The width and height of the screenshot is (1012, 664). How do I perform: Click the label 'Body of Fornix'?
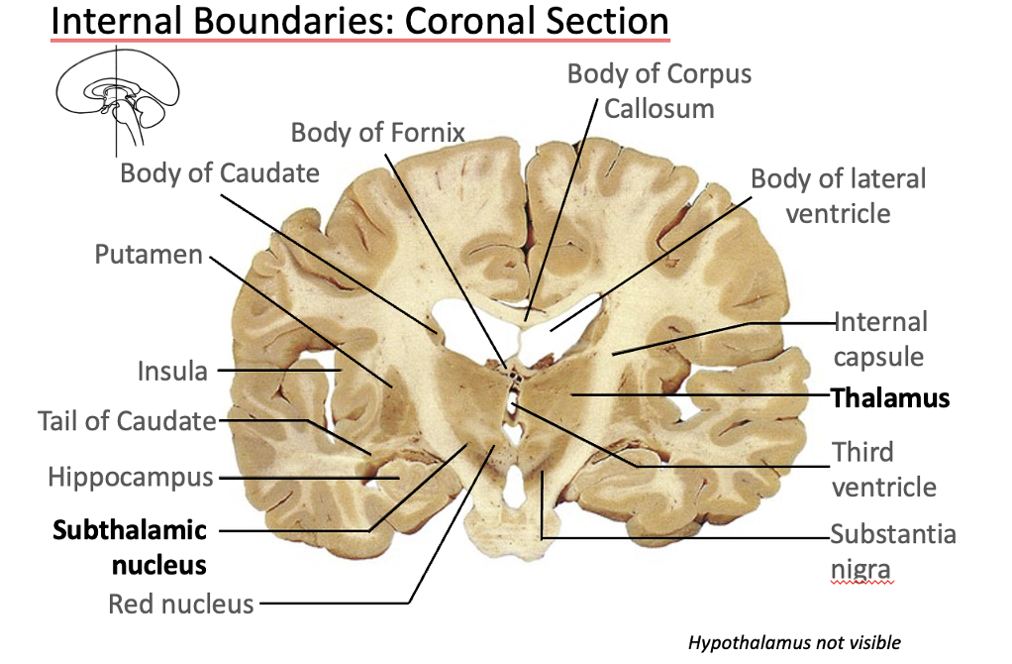pos(377,132)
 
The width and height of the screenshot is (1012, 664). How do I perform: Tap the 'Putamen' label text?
pos(148,255)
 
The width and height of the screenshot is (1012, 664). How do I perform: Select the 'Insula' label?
pos(172,371)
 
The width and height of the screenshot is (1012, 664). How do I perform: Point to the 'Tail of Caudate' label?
pos(127,420)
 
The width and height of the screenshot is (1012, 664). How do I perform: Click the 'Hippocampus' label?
pos(131,477)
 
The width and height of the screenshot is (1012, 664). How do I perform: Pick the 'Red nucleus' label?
pos(181,603)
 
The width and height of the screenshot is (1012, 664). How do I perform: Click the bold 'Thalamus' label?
pos(890,397)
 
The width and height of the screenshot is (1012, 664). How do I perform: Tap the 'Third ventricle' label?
pos(883,469)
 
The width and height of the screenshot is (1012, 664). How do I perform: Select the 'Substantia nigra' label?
pos(892,551)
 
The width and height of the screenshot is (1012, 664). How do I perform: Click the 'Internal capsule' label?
pos(879,339)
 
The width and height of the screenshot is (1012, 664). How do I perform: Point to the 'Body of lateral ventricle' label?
pos(838,195)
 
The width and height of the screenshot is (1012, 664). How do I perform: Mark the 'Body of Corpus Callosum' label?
pos(659,90)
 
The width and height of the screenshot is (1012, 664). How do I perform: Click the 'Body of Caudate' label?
pos(220,172)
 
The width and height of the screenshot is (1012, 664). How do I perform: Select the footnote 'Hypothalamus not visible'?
pos(794,642)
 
